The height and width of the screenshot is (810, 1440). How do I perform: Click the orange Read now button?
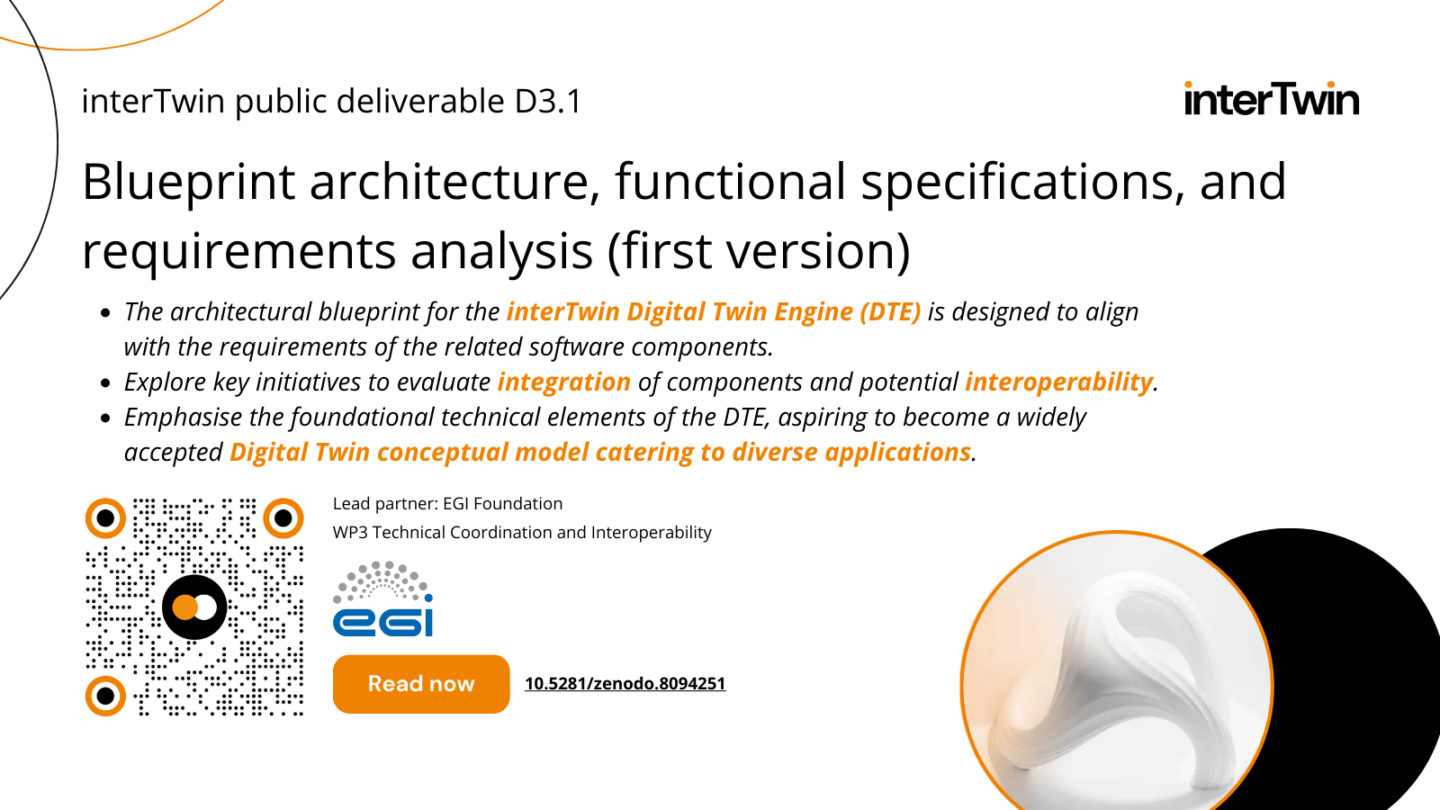click(421, 684)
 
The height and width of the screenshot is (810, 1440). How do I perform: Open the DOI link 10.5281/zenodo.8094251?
click(625, 684)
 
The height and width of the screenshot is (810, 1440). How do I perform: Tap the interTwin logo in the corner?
click(1271, 99)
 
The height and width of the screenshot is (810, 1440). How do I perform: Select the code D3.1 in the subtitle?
click(548, 102)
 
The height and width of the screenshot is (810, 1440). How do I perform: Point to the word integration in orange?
click(564, 382)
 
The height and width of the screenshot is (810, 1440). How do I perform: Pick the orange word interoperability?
click(1058, 382)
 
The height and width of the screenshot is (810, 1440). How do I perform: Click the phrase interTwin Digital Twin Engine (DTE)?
click(714, 312)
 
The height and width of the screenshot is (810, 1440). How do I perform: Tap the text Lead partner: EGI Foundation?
click(447, 504)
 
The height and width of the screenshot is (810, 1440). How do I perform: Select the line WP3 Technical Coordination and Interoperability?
click(522, 533)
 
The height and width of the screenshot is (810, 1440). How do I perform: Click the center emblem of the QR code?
click(194, 607)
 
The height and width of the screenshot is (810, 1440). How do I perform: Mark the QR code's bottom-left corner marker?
click(105, 696)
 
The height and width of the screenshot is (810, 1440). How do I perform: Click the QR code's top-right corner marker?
click(283, 517)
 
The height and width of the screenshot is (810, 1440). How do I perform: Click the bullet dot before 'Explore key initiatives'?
click(106, 383)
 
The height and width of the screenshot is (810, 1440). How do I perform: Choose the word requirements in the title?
click(238, 251)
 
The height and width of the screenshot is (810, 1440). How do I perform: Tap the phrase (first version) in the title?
click(759, 251)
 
